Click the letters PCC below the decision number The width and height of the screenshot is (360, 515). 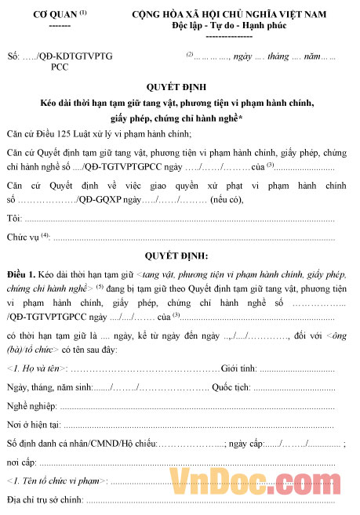60,67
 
